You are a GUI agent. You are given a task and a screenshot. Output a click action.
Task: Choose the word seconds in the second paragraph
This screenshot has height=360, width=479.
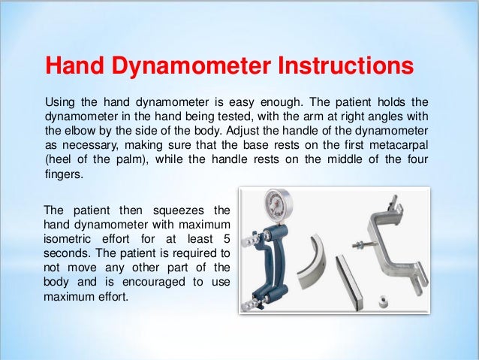pyautogui.click(x=66, y=251)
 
